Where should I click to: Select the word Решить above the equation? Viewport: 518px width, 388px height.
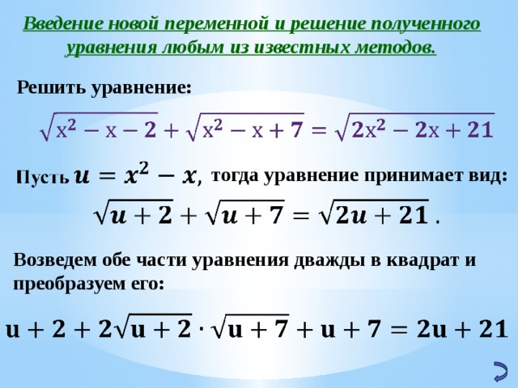[x=50, y=87]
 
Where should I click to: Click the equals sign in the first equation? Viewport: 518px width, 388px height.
[x=320, y=130]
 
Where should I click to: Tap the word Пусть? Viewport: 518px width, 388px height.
[x=40, y=177]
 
